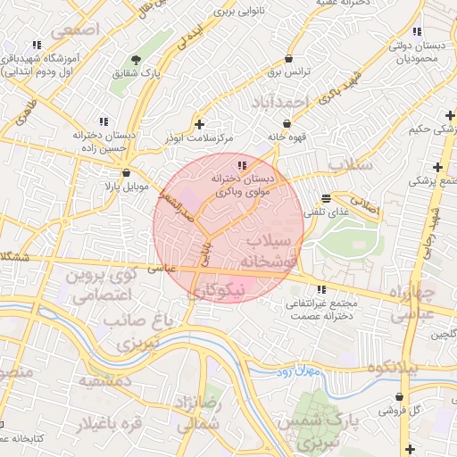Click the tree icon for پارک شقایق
click(x=136, y=60)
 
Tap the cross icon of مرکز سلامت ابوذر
click(x=199, y=124)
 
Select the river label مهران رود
click(x=297, y=368)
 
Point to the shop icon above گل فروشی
click(x=398, y=397)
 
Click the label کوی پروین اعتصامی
click(x=97, y=285)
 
